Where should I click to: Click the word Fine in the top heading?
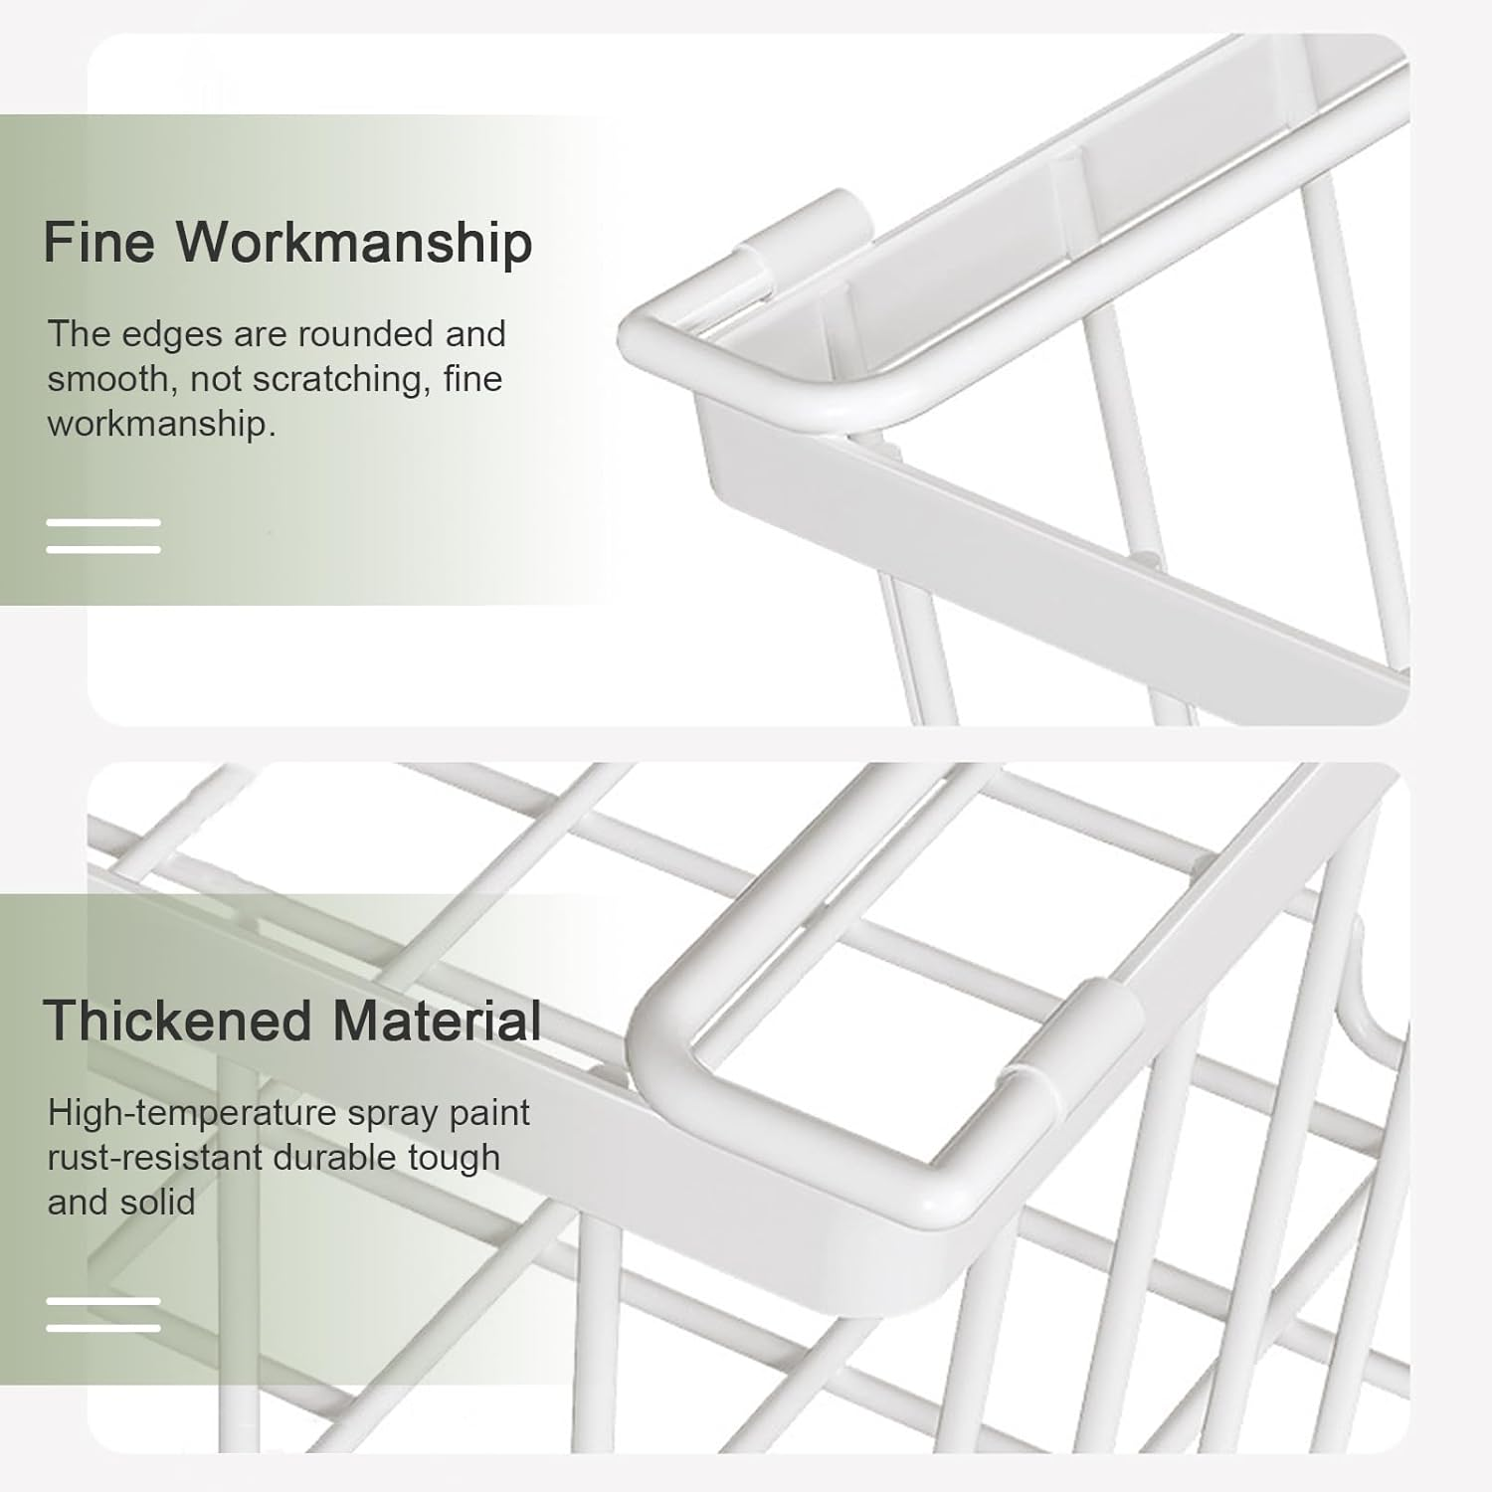(x=98, y=242)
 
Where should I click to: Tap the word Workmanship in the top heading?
(x=354, y=244)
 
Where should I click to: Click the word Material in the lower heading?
(x=437, y=1021)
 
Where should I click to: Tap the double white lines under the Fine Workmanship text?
(x=103, y=535)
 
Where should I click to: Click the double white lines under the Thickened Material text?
(x=103, y=1314)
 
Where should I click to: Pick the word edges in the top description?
(x=172, y=335)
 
